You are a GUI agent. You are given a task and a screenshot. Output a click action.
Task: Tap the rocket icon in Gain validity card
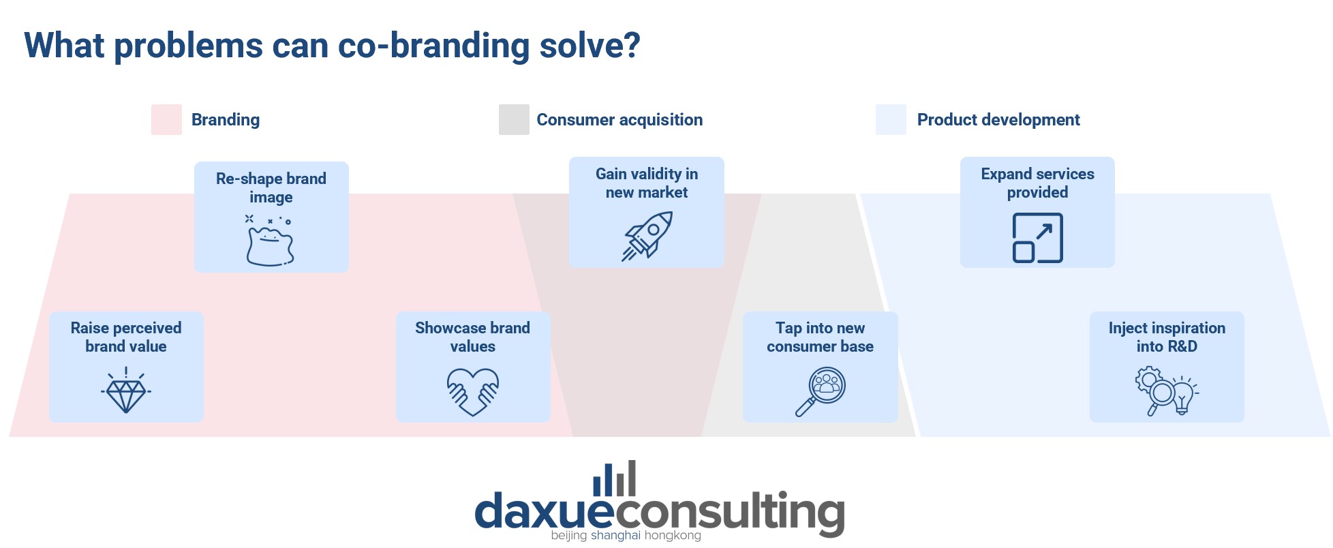647,236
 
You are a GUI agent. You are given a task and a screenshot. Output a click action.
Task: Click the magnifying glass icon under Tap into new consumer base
821,391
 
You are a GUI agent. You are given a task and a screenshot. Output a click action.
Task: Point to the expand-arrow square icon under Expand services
1037,238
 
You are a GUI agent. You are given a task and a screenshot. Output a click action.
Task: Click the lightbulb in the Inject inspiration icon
1183,396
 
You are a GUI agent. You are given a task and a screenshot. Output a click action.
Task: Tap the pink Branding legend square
166,119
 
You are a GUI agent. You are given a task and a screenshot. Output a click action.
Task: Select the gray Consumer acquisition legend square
514,119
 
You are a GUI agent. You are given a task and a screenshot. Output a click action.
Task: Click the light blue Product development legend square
891,119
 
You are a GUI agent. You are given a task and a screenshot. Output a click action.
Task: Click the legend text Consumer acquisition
619,120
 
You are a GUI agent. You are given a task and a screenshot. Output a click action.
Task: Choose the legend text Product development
998,120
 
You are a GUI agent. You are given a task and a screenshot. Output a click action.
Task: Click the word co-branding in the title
433,46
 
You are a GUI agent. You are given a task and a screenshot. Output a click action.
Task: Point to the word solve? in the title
590,46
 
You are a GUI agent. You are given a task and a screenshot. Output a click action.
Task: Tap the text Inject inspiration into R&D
1167,337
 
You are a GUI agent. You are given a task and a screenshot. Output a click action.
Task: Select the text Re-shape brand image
271,187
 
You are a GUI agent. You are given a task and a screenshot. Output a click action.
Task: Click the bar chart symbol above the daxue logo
615,478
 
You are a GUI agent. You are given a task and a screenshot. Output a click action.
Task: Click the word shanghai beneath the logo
616,536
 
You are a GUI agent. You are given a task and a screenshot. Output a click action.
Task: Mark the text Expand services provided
1037,183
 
